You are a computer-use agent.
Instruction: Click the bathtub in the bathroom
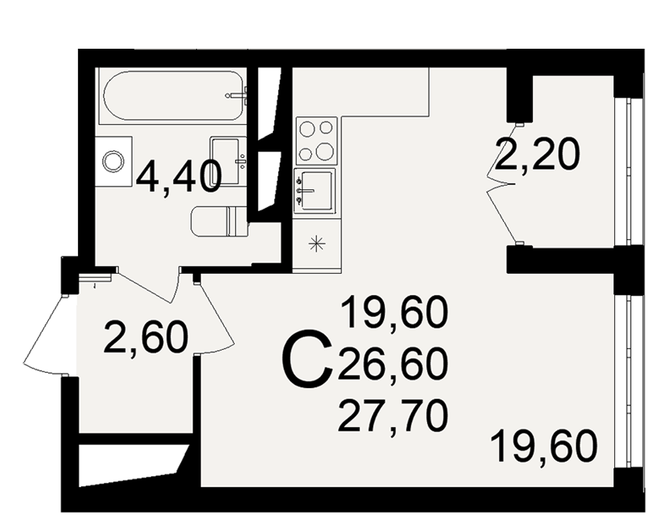(x=174, y=96)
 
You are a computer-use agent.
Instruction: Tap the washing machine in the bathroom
(x=113, y=161)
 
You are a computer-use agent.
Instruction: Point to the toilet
(x=219, y=222)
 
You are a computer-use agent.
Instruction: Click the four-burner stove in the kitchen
(x=317, y=141)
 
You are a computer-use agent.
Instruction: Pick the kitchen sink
(x=314, y=190)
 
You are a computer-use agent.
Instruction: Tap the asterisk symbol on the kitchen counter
(x=317, y=243)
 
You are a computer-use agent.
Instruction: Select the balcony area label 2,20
(x=536, y=154)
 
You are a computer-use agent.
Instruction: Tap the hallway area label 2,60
(x=146, y=337)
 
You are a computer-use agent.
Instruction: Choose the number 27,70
(x=393, y=416)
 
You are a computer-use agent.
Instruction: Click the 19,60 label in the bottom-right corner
(x=544, y=446)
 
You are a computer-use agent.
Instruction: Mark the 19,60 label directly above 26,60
(x=394, y=313)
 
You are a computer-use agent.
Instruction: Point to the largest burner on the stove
(x=324, y=151)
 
